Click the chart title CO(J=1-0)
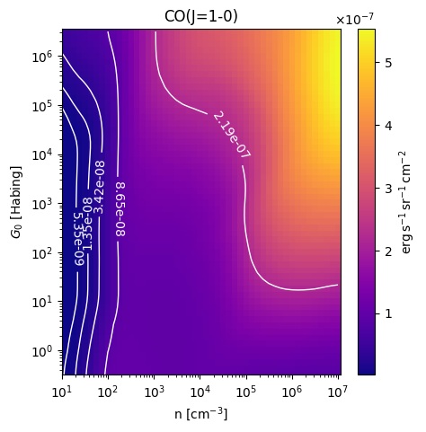coord(201,17)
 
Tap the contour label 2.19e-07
coord(232,135)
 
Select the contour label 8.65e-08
coord(120,209)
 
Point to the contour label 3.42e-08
coord(100,188)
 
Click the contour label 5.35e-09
coord(79,239)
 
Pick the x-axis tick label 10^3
coord(155,392)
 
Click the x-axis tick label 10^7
coord(339,392)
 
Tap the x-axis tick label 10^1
coord(62,392)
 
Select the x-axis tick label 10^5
coord(246,392)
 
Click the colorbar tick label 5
coord(388,63)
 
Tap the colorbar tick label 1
coord(388,313)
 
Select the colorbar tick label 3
coord(388,189)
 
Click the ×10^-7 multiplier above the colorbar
coord(355,19)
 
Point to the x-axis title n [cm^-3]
coord(201,414)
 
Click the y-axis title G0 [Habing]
coord(16,202)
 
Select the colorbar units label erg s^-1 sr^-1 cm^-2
coord(405,202)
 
